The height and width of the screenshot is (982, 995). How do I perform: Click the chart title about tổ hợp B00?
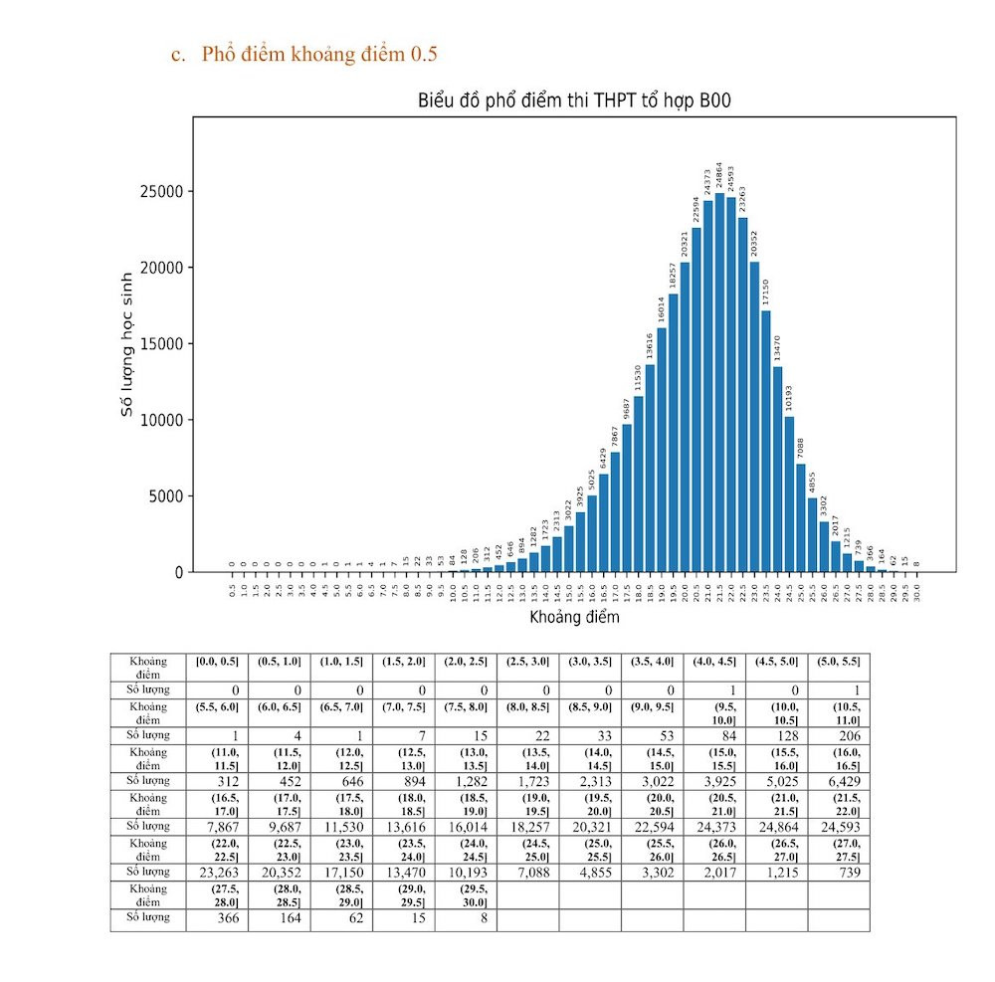[575, 101]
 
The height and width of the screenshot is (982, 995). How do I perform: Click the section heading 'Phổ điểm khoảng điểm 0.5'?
[318, 54]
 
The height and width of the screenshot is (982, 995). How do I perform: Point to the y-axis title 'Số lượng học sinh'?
[126, 344]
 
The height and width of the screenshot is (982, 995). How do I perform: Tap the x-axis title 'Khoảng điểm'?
[575, 617]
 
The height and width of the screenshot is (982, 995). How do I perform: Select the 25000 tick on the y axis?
[164, 192]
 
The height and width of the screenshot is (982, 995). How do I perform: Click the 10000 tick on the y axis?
[164, 420]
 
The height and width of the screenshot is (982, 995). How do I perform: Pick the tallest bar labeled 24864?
[719, 383]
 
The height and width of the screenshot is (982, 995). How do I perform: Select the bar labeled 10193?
[789, 493]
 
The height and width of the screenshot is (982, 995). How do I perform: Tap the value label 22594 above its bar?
[696, 210]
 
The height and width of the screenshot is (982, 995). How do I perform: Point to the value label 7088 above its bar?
[800, 448]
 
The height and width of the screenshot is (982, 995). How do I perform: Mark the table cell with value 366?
[217, 916]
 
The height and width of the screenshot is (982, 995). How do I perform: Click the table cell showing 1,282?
[466, 780]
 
